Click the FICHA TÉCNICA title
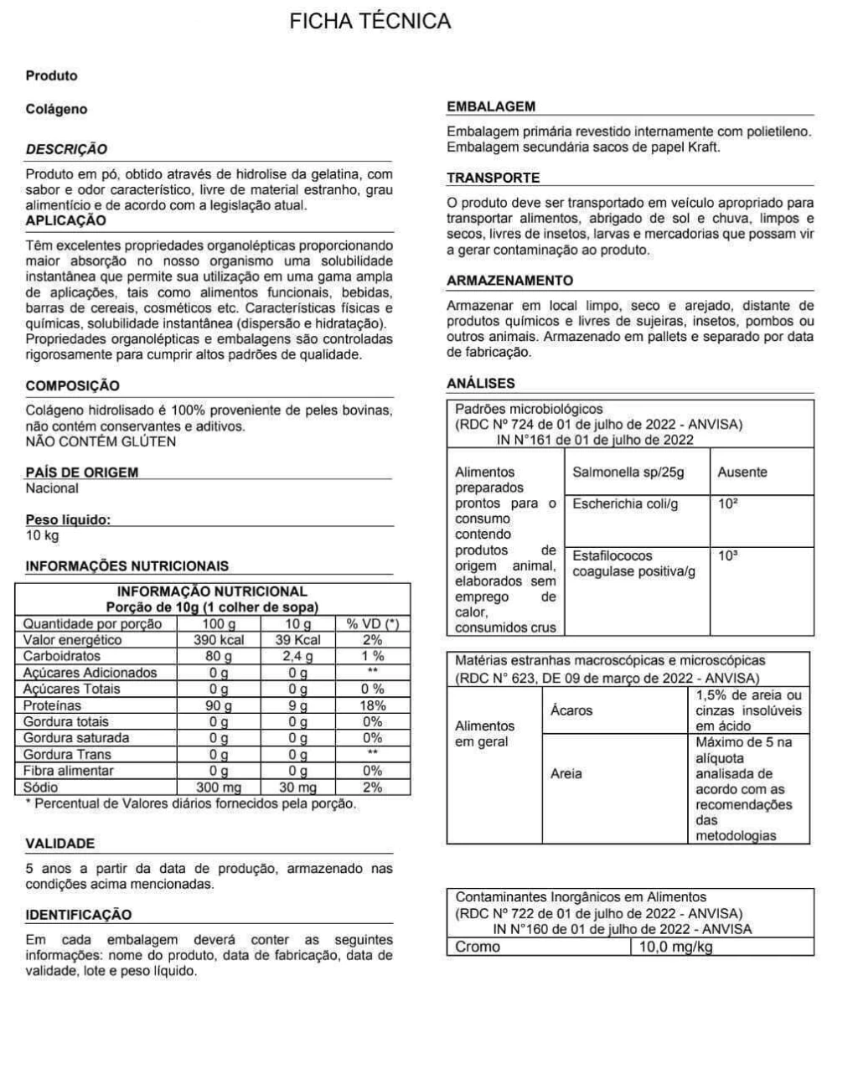(370, 22)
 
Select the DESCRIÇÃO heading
(66, 149)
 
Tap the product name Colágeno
(56, 109)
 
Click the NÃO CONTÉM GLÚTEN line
(101, 441)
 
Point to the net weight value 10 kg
(42, 535)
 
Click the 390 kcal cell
(219, 640)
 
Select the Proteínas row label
(53, 705)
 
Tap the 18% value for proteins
(372, 705)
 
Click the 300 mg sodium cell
(219, 787)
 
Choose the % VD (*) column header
(372, 624)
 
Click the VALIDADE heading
(60, 844)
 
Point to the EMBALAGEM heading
(491, 106)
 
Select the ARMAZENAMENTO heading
(509, 281)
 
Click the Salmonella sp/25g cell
(628, 472)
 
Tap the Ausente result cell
(742, 472)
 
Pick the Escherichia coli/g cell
(625, 504)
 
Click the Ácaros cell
(571, 710)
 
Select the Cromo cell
(478, 947)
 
